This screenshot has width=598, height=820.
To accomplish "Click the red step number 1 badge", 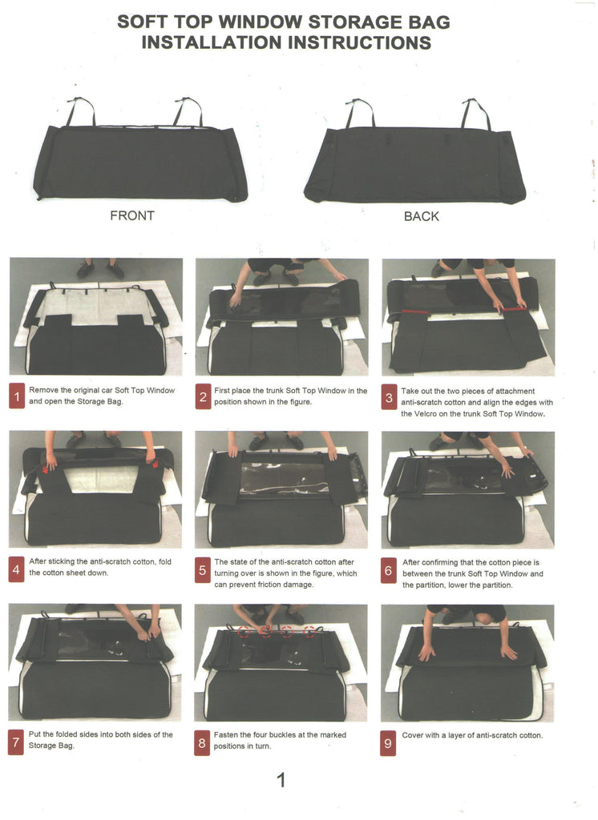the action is (17, 396).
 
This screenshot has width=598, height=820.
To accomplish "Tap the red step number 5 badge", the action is (202, 570).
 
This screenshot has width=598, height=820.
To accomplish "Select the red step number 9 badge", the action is (387, 743).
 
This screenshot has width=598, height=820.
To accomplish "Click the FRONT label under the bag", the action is (132, 215).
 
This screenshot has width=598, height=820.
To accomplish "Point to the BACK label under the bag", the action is (422, 216).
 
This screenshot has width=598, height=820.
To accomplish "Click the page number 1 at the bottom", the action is (281, 780).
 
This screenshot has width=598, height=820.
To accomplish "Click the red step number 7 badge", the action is (16, 742).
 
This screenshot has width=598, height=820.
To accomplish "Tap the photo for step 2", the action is (281, 317).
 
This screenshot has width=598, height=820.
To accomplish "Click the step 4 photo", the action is (95, 489).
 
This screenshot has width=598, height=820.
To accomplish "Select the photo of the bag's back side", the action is (414, 151).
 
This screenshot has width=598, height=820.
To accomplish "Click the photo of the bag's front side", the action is (139, 149).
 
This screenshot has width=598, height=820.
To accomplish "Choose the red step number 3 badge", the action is (389, 398).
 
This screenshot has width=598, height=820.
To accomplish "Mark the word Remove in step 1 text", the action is (43, 390).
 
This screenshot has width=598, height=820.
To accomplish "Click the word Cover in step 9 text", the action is (412, 735).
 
